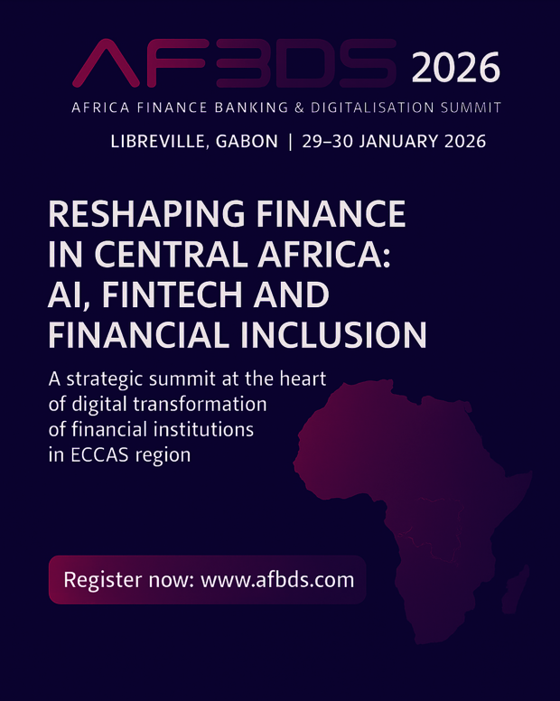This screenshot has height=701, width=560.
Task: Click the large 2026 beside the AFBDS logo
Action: [x=455, y=68]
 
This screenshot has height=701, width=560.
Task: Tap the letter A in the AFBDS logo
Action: [x=107, y=63]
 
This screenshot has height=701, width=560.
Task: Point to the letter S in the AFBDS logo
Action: [x=368, y=63]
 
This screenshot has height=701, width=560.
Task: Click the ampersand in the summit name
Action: [x=300, y=107]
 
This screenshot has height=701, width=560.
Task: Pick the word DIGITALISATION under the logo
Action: [x=372, y=107]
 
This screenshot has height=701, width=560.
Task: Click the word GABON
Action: [x=247, y=141]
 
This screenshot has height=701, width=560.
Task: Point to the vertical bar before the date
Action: [x=291, y=142]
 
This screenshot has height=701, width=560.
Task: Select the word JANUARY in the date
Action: [x=399, y=141]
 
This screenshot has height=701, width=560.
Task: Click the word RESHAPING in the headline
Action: [x=146, y=214]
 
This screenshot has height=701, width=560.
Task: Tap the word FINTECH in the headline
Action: [x=173, y=294]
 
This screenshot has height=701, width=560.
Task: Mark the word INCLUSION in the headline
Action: [x=334, y=335]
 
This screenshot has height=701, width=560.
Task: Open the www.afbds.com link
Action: [x=277, y=580]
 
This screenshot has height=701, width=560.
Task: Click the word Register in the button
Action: [x=103, y=580]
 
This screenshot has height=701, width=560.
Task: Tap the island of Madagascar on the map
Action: [x=516, y=589]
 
